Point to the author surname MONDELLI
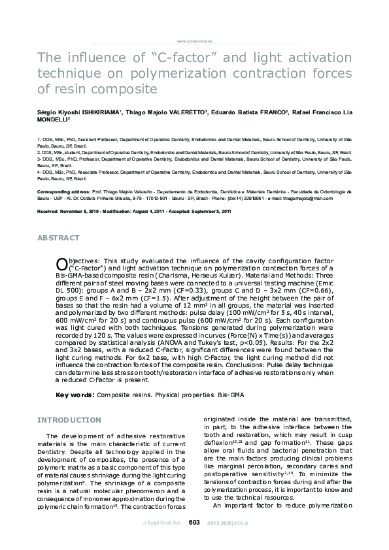(54, 120)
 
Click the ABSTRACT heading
(59, 238)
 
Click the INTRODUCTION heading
(69, 419)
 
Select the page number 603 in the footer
(194, 540)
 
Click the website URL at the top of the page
(194, 40)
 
